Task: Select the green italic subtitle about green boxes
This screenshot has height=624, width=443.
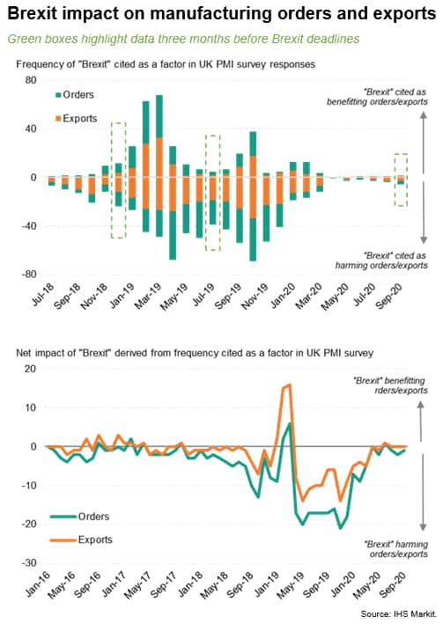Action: [184, 39]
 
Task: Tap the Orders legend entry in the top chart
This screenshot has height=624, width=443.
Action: [75, 95]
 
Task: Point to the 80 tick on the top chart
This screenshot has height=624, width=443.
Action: [31, 80]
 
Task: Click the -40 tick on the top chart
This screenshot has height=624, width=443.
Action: [28, 225]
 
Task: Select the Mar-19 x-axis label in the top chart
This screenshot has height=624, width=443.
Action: [148, 297]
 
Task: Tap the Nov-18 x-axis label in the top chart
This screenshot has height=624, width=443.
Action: [93, 297]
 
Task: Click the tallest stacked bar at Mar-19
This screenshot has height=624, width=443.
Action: [159, 166]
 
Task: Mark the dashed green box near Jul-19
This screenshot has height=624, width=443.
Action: [213, 193]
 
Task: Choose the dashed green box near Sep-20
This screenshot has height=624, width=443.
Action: [401, 180]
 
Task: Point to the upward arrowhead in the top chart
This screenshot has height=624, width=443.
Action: [424, 115]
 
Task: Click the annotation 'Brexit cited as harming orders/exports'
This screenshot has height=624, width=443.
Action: [381, 261]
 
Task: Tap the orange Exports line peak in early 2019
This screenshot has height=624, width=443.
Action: [289, 385]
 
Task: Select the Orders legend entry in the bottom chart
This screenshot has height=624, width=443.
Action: [79, 517]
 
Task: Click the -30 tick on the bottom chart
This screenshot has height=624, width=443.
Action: [28, 562]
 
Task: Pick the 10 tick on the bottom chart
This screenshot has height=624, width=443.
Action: [31, 407]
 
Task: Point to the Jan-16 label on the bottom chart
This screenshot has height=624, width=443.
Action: [38, 584]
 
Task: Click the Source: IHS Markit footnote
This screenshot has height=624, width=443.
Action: [398, 613]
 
